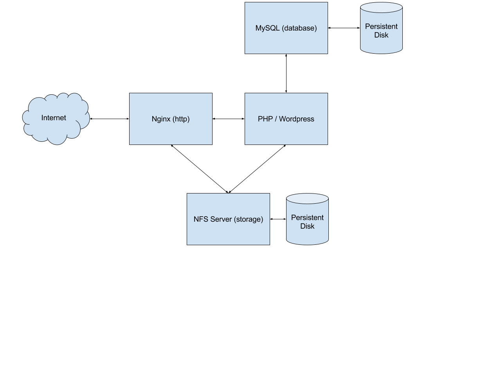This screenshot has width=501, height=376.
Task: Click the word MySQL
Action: pos(267,28)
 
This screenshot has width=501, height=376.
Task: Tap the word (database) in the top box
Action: pos(299,28)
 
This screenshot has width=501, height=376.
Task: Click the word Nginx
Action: pos(161,119)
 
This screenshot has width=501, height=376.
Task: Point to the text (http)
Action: pos(181,119)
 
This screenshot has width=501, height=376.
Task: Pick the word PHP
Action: pos(265,119)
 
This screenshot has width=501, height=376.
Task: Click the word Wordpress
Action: pos(297,119)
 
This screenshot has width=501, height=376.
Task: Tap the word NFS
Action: pos(200,219)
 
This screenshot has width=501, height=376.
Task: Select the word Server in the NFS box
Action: pos(220,219)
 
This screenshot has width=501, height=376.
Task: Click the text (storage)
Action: pos(248,219)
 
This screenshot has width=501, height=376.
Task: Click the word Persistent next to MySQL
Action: pos(381,27)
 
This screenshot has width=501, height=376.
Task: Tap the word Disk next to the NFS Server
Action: pos(307,226)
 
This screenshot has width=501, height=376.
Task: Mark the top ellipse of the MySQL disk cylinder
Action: pos(381,7)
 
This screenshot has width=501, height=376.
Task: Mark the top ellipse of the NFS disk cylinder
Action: pos(307,199)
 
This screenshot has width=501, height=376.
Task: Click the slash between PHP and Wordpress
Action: pos(276,119)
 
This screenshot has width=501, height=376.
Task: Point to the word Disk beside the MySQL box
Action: pos(381,35)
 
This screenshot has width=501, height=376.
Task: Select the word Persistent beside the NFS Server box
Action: pos(307,218)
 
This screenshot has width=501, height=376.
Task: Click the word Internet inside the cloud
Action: pos(54,118)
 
